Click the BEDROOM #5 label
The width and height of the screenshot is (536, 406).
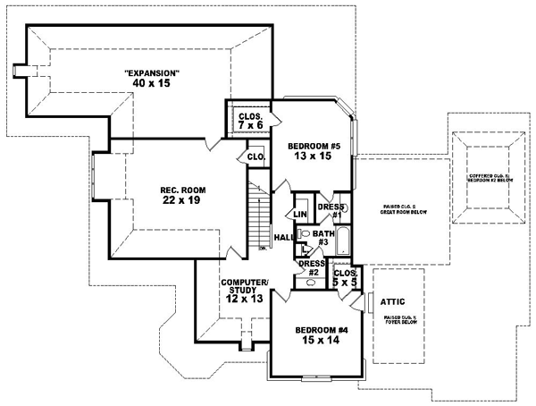point(313,144)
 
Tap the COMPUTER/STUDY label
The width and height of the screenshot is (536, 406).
point(245,287)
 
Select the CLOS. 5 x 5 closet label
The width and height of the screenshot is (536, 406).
point(344,275)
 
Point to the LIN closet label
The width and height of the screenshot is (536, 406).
point(300,215)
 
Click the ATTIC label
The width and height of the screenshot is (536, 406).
point(394,302)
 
